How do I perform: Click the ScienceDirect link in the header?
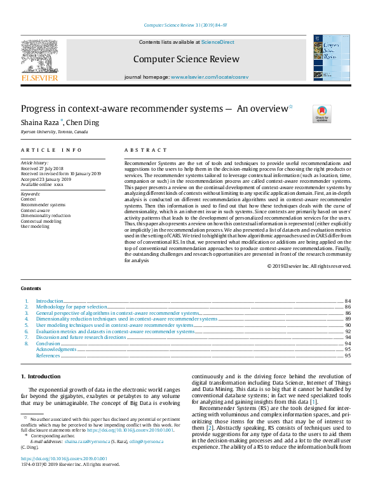point(218,42)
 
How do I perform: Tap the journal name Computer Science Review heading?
point(186,59)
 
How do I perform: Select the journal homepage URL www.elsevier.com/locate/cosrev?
point(209,77)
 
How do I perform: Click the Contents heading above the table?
point(31,288)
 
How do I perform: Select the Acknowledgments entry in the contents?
point(56,350)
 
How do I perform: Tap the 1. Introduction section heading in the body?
point(41,376)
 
